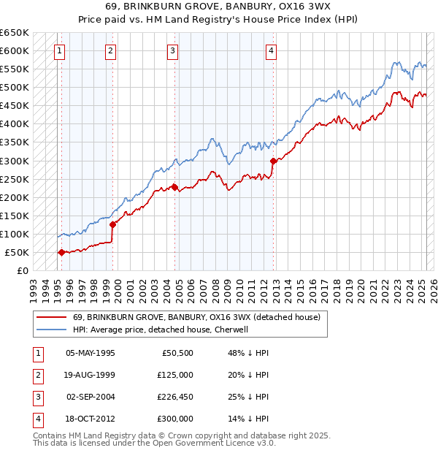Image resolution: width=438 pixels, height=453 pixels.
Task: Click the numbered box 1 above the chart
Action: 58,51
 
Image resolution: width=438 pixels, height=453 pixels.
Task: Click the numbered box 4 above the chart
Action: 271,51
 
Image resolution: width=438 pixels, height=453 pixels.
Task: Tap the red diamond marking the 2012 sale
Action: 273,161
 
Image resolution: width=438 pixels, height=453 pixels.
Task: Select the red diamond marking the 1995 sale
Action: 61,252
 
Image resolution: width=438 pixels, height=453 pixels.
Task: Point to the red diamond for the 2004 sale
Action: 174,187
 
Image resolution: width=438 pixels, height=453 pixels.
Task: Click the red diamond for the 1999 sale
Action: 113,225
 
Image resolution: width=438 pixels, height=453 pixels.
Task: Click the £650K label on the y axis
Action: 15,33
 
